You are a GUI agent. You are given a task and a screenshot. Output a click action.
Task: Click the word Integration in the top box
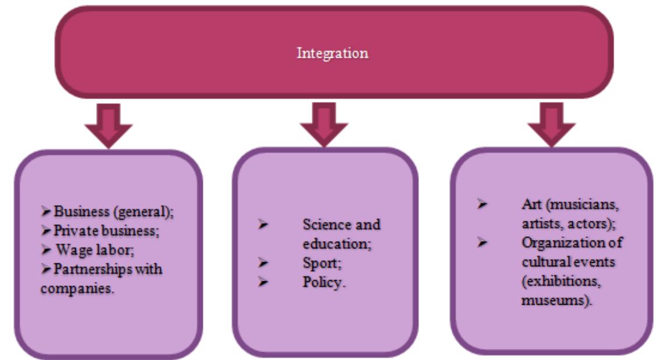332,54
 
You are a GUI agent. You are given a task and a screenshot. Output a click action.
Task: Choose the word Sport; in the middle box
316,262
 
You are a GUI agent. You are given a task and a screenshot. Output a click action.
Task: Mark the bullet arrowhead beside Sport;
263,262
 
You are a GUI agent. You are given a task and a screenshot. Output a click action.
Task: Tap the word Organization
555,243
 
